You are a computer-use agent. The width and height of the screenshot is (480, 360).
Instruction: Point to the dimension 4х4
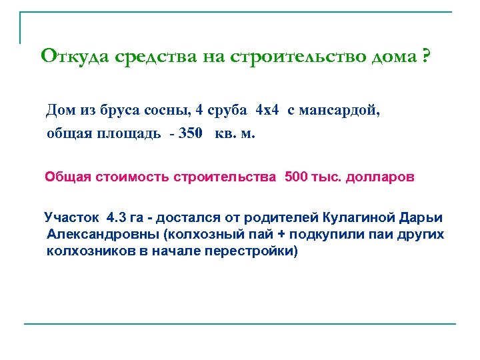pos(267,110)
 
